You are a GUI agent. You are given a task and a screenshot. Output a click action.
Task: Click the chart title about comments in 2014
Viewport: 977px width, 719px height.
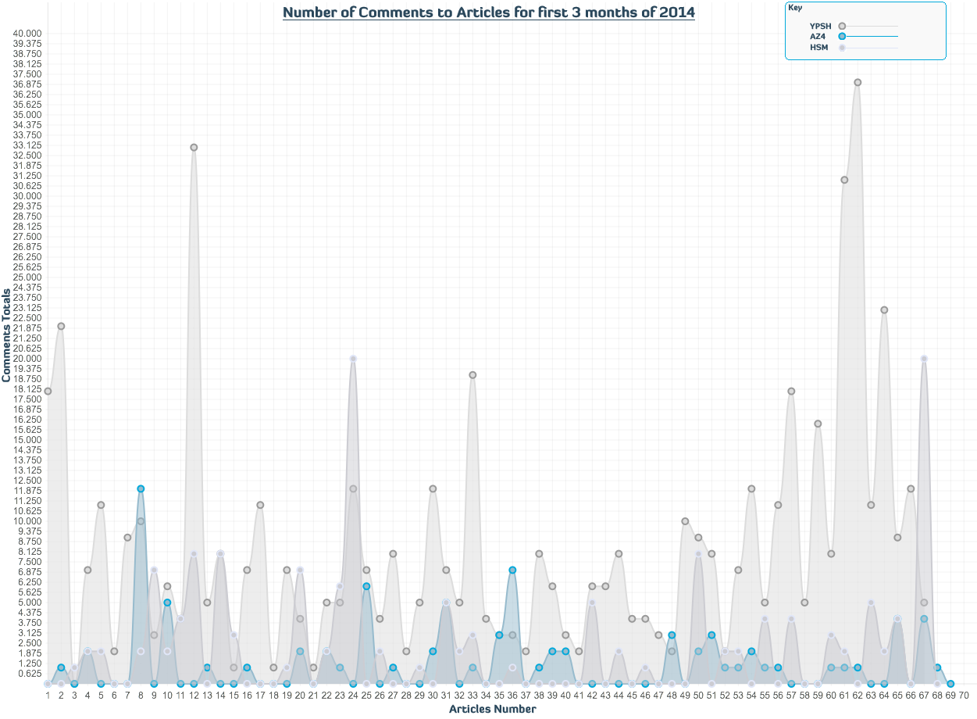pyautogui.click(x=488, y=13)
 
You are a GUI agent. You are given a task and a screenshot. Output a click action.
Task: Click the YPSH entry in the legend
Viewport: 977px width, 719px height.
pyautogui.click(x=821, y=26)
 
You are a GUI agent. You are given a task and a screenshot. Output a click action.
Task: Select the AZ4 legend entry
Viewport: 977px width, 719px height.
pyautogui.click(x=818, y=37)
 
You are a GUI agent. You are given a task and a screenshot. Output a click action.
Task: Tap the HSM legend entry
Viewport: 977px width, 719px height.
pyautogui.click(x=819, y=48)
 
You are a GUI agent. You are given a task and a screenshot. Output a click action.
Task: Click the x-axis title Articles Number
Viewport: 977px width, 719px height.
pyautogui.click(x=492, y=709)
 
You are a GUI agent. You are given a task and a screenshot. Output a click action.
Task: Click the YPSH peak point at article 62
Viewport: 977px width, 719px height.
pyautogui.click(x=858, y=82)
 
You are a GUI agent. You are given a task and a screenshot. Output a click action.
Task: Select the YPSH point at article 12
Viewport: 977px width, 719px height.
pyautogui.click(x=194, y=147)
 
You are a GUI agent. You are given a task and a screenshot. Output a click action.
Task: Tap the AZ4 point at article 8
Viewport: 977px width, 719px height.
pyautogui.click(x=141, y=488)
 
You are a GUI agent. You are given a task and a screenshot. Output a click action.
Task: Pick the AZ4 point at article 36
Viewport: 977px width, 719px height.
pyautogui.click(x=512, y=570)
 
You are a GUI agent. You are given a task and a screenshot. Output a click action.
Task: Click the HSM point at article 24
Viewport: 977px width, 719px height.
pyautogui.click(x=353, y=359)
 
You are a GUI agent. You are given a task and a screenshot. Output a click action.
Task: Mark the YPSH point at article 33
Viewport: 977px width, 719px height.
pyautogui.click(x=472, y=375)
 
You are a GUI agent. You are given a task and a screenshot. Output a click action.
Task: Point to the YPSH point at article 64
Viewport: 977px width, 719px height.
pyautogui.click(x=884, y=309)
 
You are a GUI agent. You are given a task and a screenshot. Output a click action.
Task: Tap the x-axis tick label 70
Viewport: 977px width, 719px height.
pyautogui.click(x=964, y=694)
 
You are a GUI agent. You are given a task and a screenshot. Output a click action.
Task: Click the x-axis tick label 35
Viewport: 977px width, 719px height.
pyautogui.click(x=499, y=694)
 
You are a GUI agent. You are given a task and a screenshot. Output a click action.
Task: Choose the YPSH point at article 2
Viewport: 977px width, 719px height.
pyautogui.click(x=61, y=326)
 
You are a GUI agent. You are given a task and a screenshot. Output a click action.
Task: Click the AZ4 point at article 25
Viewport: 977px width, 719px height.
pyautogui.click(x=366, y=586)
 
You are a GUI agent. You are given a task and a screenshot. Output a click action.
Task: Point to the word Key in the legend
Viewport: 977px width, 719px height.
pyautogui.click(x=795, y=8)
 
